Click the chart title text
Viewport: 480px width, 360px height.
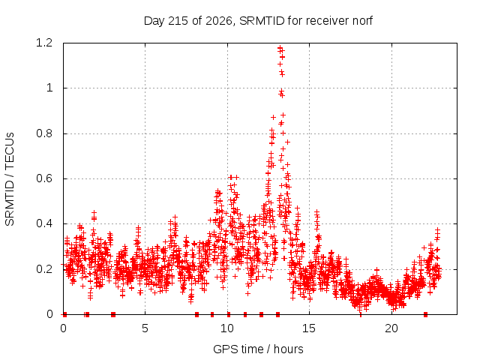coord(258,21)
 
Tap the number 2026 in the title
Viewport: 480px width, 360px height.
coord(219,21)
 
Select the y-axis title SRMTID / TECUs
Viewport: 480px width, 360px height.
coord(10,179)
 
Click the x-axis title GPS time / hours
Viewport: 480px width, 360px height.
coord(258,349)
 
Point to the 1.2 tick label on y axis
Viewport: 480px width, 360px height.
coord(44,43)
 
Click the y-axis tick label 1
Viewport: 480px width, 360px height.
coord(49,88)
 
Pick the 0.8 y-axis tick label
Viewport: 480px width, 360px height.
coord(44,133)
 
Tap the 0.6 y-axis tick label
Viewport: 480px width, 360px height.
coord(44,178)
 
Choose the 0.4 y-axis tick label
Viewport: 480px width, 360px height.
coord(44,223)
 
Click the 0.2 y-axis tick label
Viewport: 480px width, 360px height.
coord(44,269)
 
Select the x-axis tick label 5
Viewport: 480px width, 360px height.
coord(145,328)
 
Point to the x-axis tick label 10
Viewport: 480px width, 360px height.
coord(227,328)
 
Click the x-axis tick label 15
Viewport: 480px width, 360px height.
coord(309,328)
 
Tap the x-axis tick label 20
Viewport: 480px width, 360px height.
coord(391,328)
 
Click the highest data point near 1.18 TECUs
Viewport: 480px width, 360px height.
coord(280,48)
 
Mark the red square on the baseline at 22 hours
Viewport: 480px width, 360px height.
coord(425,314)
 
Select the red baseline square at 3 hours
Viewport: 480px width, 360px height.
coord(113,314)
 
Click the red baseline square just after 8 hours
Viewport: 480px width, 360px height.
coord(196,314)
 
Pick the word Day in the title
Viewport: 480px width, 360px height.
coord(154,21)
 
